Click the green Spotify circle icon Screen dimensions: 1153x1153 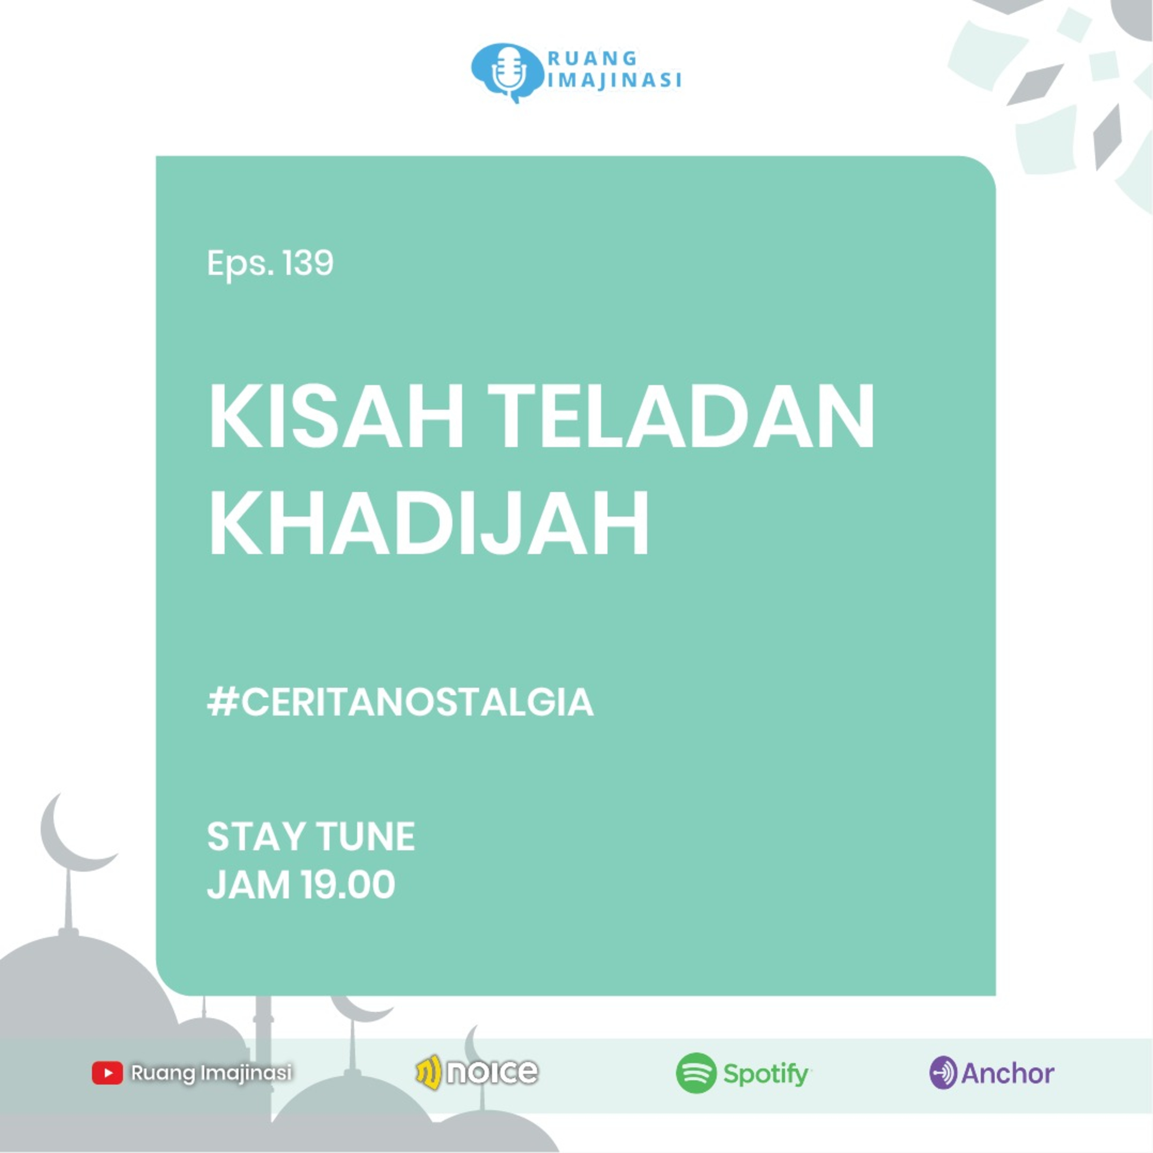(696, 1073)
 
